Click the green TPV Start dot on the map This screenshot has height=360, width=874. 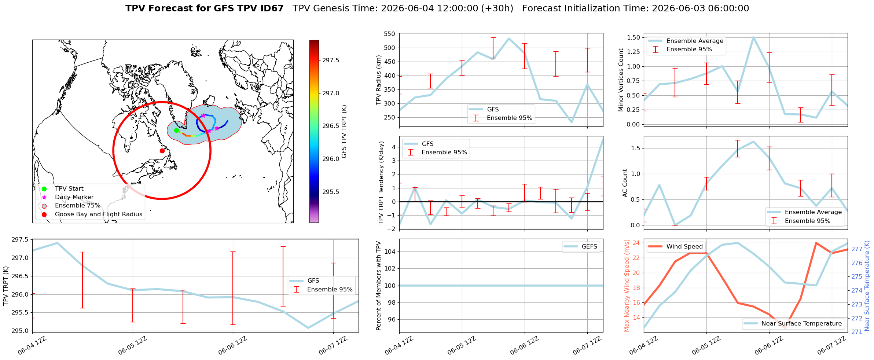point(176,130)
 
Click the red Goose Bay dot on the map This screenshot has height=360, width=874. point(162,151)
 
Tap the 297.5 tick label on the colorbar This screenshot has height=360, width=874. point(331,60)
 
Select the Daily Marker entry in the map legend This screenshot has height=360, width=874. point(74,197)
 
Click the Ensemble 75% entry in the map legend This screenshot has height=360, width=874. point(77,206)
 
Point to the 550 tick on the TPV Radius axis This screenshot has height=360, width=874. point(389,34)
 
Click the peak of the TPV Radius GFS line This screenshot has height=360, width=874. point(508,38)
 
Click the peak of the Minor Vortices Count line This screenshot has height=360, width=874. point(753,37)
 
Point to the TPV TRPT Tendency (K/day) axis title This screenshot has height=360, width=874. point(381,183)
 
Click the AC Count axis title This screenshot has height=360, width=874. point(625,183)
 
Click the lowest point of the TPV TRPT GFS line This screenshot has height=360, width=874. point(308,328)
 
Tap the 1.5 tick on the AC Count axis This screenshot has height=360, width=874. point(636,148)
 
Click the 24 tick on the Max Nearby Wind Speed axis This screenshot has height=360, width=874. point(636,243)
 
